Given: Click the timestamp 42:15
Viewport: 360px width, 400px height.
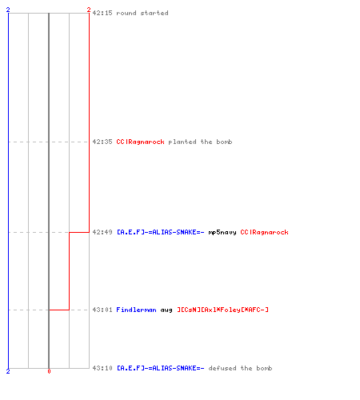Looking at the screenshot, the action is point(102,13).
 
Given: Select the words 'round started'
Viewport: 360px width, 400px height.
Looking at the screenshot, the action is point(142,13).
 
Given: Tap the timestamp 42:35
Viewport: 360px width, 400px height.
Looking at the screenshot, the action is point(102,142).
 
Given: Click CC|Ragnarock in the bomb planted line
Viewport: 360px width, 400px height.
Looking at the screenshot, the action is point(140,142).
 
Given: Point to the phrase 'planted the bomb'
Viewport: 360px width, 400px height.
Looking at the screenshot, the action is point(200,142).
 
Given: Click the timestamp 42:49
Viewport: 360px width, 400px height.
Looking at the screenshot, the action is point(102,232).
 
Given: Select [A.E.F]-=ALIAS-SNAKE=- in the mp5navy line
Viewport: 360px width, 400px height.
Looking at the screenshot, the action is point(161,232).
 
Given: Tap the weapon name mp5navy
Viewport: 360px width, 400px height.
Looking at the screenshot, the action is point(222,233).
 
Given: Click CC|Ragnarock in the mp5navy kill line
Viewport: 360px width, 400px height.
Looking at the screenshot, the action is point(264,232).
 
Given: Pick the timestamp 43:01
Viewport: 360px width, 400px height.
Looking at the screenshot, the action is point(102,310).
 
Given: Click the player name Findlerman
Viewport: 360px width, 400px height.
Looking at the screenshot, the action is point(136,310).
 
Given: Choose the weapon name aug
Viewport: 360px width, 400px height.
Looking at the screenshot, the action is point(166,310).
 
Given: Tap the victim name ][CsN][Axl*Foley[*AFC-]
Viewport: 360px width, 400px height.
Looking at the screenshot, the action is point(222,310).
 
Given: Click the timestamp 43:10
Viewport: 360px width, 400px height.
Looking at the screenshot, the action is point(102,368).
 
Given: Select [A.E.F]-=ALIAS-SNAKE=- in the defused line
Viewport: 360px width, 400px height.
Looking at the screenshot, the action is point(161,368).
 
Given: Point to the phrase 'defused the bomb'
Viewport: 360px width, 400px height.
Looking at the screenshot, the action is point(240,368).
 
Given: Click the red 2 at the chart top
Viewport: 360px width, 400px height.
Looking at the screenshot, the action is point(89,10).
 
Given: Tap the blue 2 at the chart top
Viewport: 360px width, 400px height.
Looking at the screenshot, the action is point(8,10).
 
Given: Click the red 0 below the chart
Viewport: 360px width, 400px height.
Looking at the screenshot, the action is point(49,371).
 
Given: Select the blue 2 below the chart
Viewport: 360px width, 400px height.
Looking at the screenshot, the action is point(8,371).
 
